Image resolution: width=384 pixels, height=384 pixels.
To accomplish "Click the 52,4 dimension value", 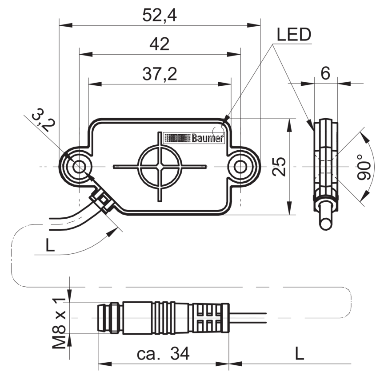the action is [160, 15].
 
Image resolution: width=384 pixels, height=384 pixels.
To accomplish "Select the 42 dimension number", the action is [160, 44].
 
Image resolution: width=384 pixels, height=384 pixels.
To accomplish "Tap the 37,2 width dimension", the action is [160, 74].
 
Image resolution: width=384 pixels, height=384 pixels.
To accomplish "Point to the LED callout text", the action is [294, 35].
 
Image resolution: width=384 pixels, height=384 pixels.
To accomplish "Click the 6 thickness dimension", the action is [325, 73].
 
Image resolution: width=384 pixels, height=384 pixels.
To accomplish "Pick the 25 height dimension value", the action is [279, 167].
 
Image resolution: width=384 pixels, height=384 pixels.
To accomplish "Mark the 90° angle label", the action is [364, 167].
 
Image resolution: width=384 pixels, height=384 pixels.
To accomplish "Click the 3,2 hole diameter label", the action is [44, 120].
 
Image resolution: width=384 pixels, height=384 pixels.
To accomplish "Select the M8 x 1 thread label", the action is [59, 323].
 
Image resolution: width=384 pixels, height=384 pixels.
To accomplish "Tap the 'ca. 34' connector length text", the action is [163, 353].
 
